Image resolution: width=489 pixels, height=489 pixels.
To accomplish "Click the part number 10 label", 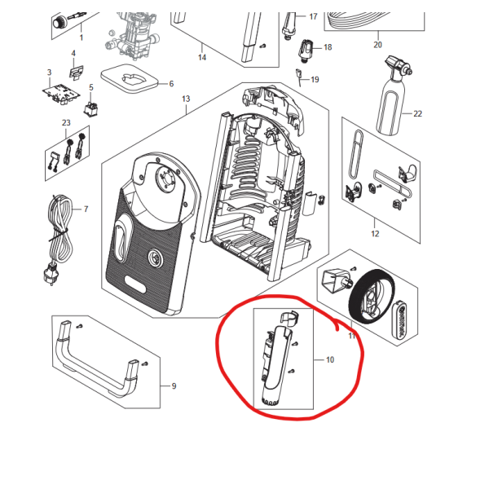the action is (330, 360).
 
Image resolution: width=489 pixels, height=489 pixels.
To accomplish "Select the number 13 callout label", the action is (186, 99).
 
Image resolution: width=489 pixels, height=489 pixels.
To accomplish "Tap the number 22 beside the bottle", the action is (417, 114).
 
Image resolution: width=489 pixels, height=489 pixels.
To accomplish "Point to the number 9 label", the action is (174, 386).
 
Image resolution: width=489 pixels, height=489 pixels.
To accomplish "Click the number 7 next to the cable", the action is (86, 209).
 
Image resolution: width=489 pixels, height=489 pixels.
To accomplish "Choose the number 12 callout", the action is (375, 234).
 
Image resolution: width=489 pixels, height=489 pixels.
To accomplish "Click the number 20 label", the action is (377, 45).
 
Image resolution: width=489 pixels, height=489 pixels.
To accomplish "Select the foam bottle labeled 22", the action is (392, 97).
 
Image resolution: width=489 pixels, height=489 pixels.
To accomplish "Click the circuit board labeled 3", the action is (61, 93).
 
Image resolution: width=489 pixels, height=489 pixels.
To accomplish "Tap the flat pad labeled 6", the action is (130, 79).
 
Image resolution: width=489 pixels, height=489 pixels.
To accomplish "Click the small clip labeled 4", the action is (76, 73).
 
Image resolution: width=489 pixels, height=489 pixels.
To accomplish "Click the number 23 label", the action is (66, 123).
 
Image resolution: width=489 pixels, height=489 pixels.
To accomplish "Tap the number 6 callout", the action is (171, 84).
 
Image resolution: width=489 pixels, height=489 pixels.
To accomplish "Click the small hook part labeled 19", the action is (299, 77).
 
